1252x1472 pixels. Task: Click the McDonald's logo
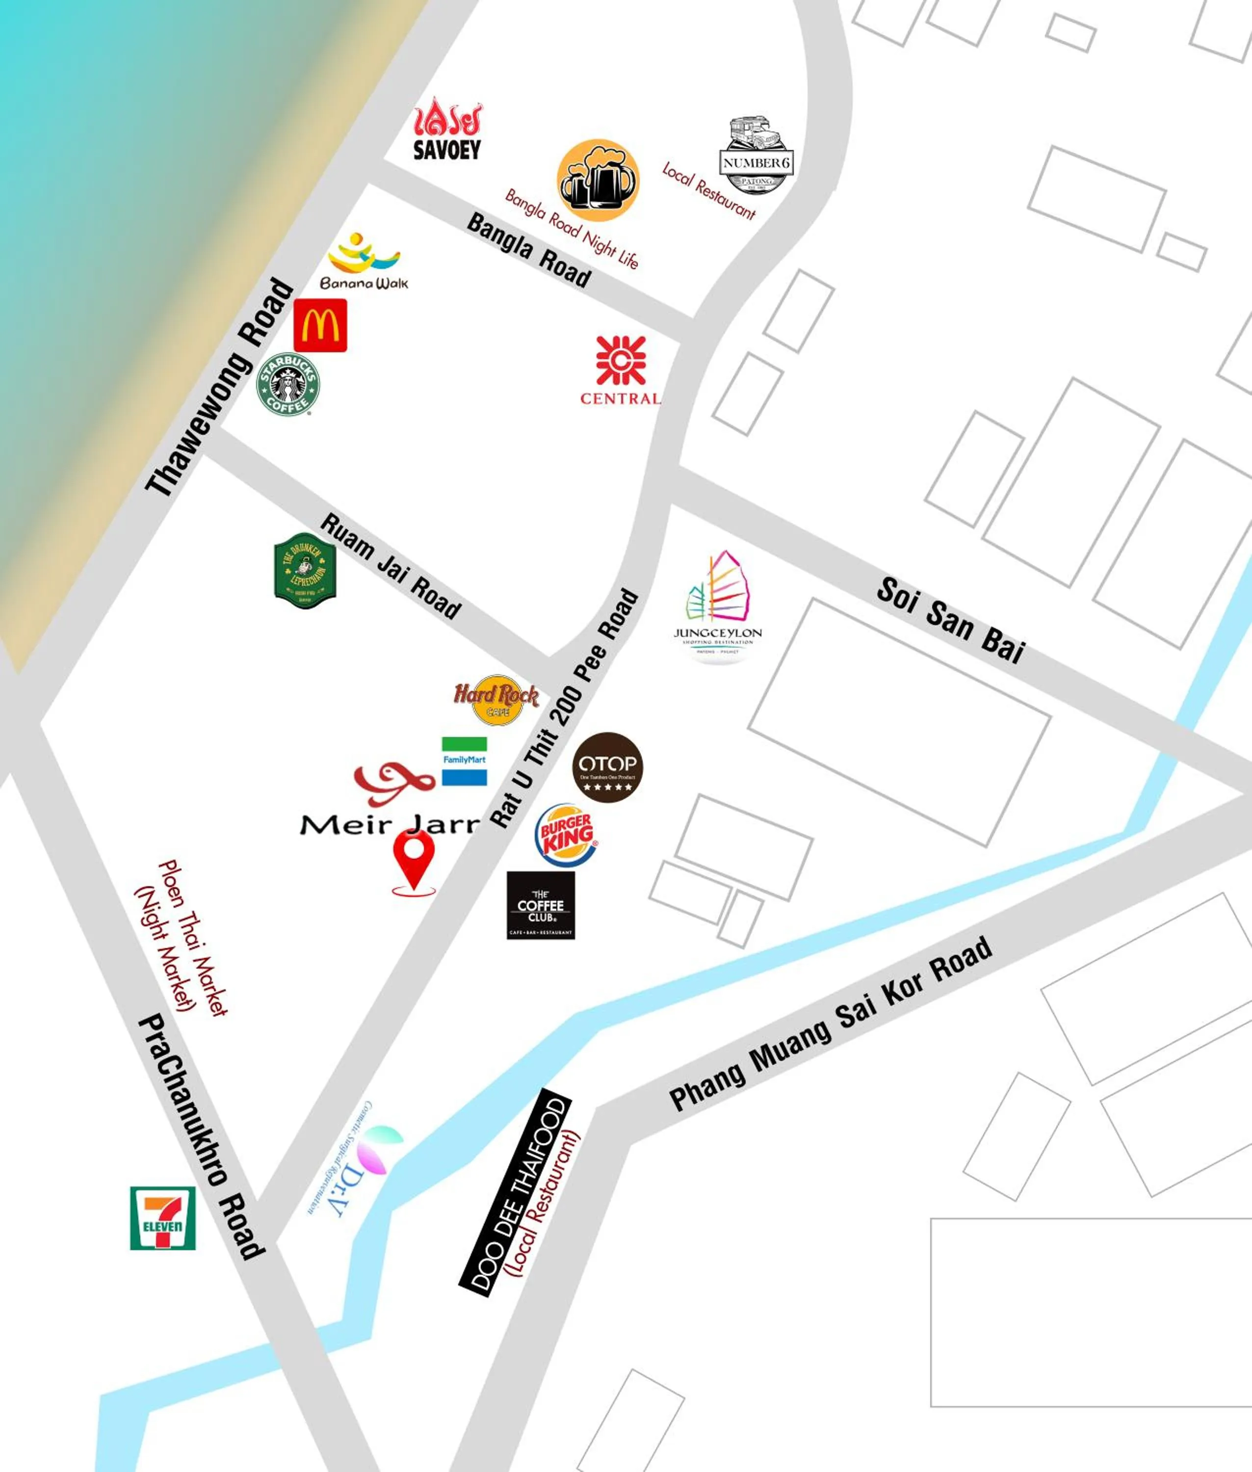point(320,325)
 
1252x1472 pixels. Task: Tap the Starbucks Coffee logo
point(287,385)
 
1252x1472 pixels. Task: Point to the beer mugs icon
point(598,180)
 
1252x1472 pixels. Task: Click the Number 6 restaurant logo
point(756,156)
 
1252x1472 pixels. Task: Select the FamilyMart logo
point(464,761)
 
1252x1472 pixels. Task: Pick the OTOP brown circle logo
point(607,767)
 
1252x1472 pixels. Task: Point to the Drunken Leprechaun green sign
point(305,571)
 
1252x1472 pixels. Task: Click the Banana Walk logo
point(364,263)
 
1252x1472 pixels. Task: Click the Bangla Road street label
point(529,250)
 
